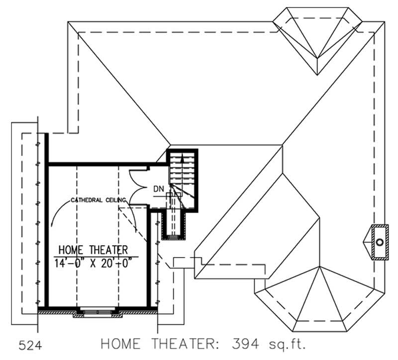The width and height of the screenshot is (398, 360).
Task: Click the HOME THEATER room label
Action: (94, 249)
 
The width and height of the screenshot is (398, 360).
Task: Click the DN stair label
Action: (159, 189)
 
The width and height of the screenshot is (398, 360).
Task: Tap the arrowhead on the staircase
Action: (182, 157)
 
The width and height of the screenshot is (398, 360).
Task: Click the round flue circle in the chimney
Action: (380, 242)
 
